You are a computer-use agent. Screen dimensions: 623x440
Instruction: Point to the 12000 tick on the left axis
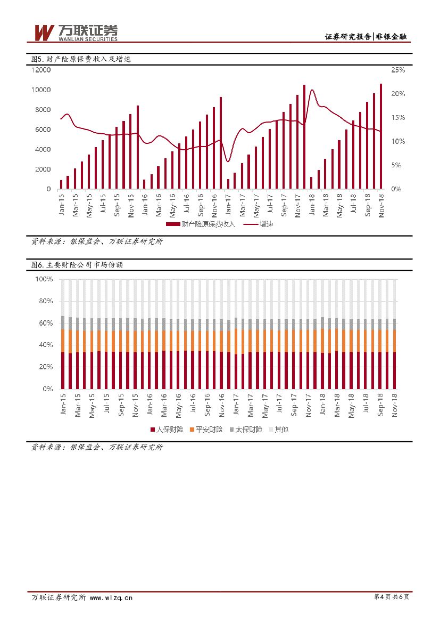(x=41, y=70)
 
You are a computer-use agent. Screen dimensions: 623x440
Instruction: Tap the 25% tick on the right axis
(x=398, y=70)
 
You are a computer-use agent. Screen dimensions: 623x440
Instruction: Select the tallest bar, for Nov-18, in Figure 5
(x=381, y=136)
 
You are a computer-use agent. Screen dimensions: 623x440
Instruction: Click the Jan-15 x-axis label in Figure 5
(x=61, y=205)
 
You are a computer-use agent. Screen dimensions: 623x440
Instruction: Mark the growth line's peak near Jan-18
(x=312, y=90)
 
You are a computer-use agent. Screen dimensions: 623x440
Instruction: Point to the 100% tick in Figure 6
(x=44, y=279)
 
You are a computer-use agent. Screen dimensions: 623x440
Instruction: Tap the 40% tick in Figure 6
(x=46, y=345)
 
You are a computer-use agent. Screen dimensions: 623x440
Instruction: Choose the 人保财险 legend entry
(x=166, y=429)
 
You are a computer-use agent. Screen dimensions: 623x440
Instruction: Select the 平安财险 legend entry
(x=205, y=429)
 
